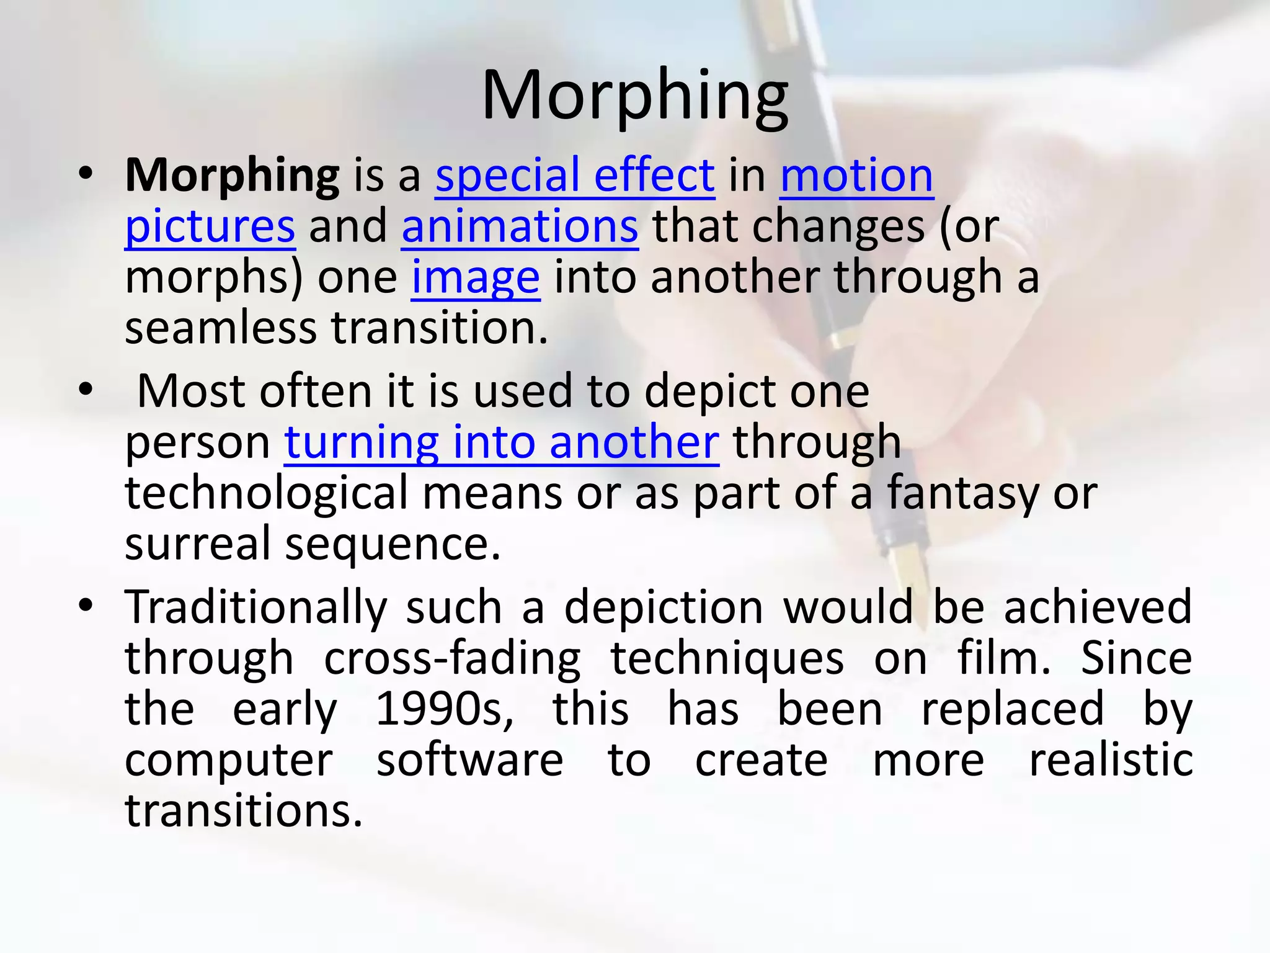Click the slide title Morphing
(x=634, y=96)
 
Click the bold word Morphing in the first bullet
(x=232, y=176)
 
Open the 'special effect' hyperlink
(x=575, y=176)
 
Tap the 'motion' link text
(x=856, y=176)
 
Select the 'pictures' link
(x=210, y=226)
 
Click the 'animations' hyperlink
(x=520, y=226)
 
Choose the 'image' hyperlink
(x=476, y=277)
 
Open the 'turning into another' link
(x=502, y=442)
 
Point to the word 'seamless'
(x=221, y=328)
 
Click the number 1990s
(x=444, y=709)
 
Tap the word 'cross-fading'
(x=453, y=658)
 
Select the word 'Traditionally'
(x=256, y=607)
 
